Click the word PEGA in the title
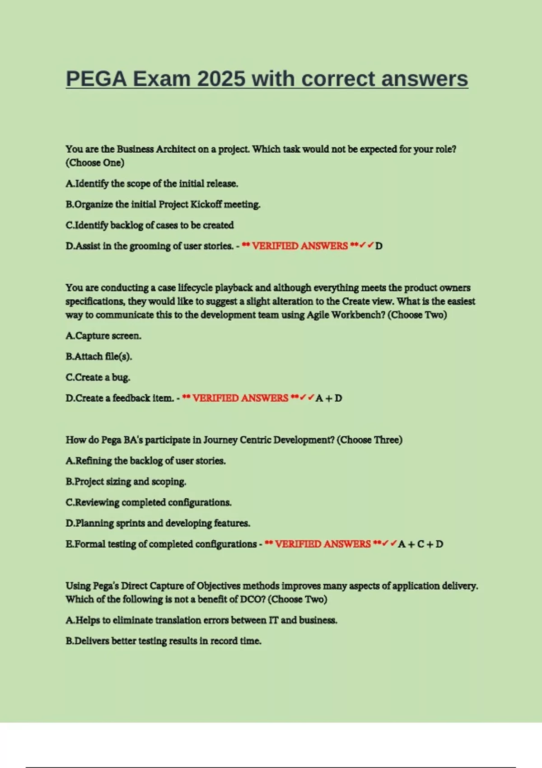96,79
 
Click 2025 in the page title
221,79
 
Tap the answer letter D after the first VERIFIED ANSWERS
379,246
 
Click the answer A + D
329,398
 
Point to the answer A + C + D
421,544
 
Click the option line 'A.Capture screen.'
103,336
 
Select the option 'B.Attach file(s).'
99,356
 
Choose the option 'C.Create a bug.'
98,377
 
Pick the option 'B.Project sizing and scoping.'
126,482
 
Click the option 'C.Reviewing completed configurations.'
149,502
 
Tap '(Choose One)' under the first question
95,163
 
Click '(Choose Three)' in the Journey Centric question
369,440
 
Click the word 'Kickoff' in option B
206,204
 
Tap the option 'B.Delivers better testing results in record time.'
164,641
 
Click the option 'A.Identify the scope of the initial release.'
152,183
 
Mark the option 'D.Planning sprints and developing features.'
158,523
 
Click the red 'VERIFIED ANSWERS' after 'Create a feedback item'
240,398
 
